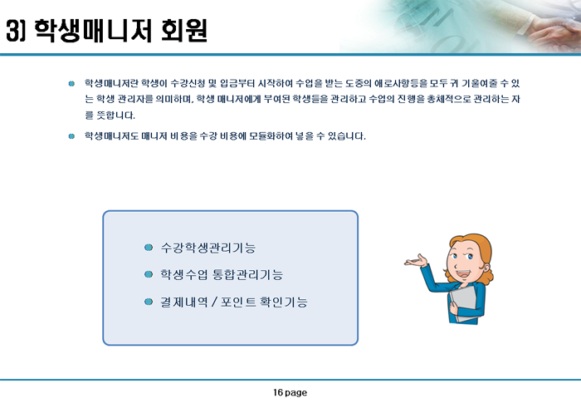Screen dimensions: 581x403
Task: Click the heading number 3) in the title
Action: click(x=16, y=31)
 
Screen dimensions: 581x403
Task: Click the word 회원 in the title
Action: click(x=184, y=31)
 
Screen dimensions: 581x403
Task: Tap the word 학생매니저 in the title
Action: click(x=93, y=31)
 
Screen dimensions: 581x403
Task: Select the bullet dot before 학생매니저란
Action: click(x=71, y=84)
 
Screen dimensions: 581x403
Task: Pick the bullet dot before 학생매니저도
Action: click(x=71, y=136)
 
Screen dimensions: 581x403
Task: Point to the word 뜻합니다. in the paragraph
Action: click(x=115, y=115)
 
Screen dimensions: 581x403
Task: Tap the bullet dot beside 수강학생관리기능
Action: click(x=149, y=248)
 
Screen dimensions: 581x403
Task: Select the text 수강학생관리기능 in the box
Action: click(x=207, y=248)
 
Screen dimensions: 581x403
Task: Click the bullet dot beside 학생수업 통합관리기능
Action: click(x=149, y=274)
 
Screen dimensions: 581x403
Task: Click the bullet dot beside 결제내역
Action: click(x=149, y=302)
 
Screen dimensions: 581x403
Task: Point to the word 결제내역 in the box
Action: click(x=183, y=302)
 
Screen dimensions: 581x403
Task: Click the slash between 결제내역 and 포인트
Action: click(x=214, y=302)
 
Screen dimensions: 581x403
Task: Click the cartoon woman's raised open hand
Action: click(x=416, y=260)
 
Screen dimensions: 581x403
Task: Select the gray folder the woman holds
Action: click(x=464, y=302)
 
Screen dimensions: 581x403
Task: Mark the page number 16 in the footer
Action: click(x=278, y=392)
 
